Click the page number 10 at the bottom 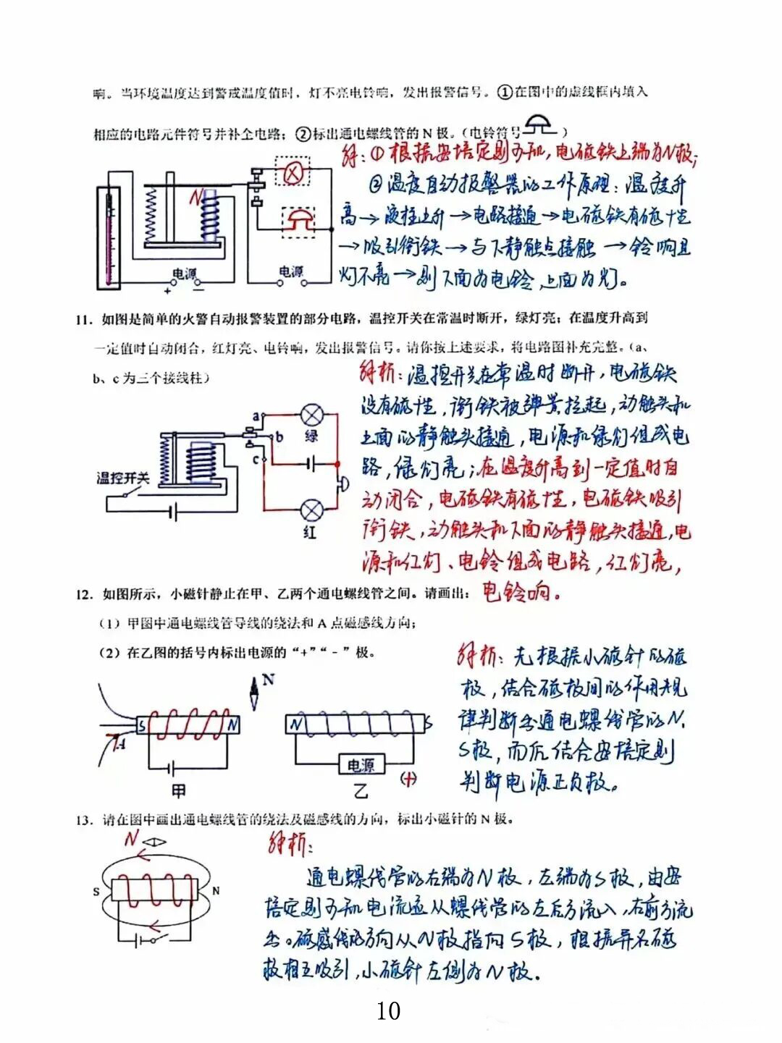389,1010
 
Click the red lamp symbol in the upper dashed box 295,172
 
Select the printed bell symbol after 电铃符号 540,125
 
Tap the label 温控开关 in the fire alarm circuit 123,478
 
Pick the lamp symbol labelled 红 312,510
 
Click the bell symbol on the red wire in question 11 342,484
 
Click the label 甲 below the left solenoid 178,790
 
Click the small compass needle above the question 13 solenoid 156,842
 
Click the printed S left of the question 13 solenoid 96,891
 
